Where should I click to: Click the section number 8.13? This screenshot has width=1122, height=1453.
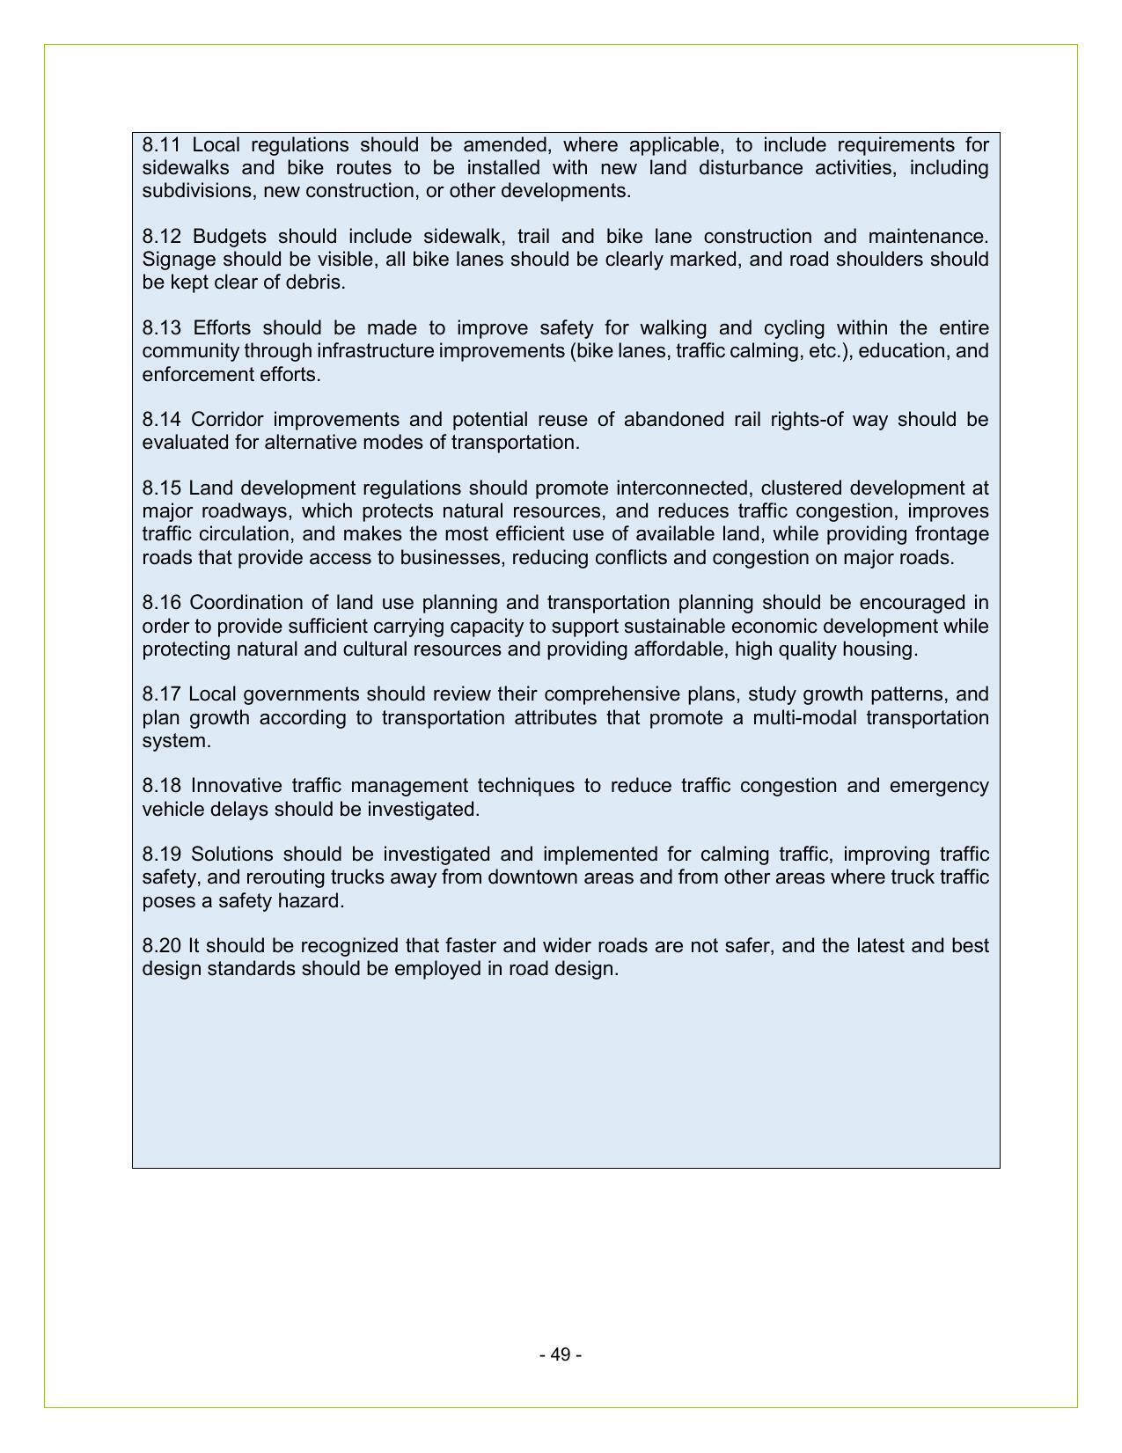pyautogui.click(x=162, y=328)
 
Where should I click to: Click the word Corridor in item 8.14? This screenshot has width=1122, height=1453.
pyautogui.click(x=227, y=420)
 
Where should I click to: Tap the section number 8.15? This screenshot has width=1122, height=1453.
pyautogui.click(x=161, y=488)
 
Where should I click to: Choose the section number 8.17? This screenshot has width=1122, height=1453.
pyautogui.click(x=161, y=694)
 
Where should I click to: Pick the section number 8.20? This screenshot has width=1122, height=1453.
pyautogui.click(x=162, y=946)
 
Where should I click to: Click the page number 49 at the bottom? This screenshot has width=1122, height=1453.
pyautogui.click(x=561, y=1354)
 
